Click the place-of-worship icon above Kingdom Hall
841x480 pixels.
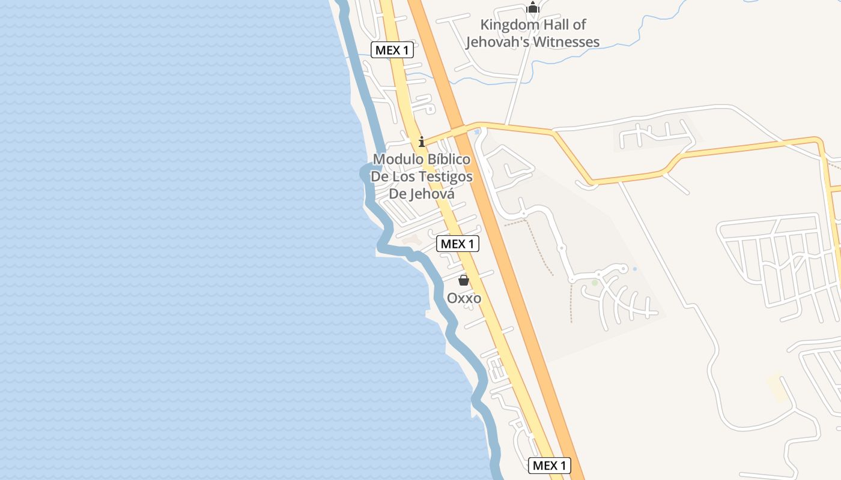[x=532, y=7]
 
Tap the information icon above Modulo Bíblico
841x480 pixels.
[x=422, y=142]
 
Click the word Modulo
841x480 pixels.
[x=398, y=160]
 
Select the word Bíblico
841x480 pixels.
[x=449, y=160]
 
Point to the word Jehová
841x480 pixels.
[x=431, y=194]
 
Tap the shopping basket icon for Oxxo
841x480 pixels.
[x=464, y=280]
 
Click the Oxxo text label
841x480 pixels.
[x=464, y=298]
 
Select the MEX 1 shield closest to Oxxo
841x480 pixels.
[x=458, y=244]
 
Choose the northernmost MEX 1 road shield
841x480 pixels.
[x=392, y=50]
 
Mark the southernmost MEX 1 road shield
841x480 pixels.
[x=550, y=465]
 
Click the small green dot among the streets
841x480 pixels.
[x=595, y=283]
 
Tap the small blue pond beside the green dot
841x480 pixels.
[x=635, y=269]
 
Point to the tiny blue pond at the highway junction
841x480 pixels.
[x=477, y=131]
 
